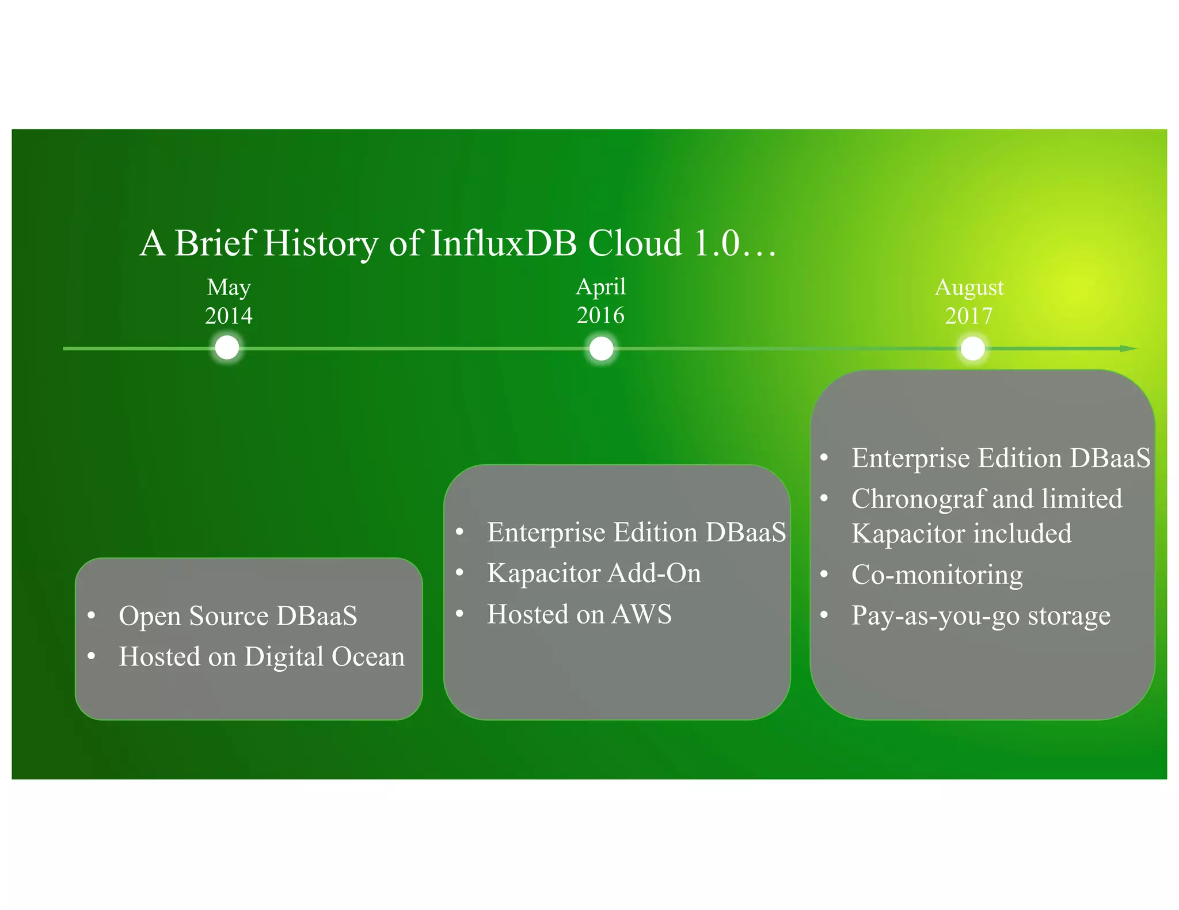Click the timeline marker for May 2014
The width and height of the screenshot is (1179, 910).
227,348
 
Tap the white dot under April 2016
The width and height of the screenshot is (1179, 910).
602,349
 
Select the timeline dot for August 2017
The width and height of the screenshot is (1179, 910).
973,349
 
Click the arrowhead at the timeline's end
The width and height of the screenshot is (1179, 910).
1129,349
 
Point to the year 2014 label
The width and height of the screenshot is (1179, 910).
229,316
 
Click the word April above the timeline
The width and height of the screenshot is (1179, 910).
600,286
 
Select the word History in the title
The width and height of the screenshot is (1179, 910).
321,243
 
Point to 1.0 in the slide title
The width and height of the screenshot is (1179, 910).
716,243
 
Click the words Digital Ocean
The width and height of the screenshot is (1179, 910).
325,657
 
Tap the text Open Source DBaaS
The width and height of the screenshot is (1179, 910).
238,616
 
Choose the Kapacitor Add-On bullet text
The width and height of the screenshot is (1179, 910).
594,573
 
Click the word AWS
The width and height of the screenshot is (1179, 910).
641,614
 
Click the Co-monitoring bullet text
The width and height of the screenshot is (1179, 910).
937,575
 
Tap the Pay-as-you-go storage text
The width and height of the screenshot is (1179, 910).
980,615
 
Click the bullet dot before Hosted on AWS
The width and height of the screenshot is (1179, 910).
459,614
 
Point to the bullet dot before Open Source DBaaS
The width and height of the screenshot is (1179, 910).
91,615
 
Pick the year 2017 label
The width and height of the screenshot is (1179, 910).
969,316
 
